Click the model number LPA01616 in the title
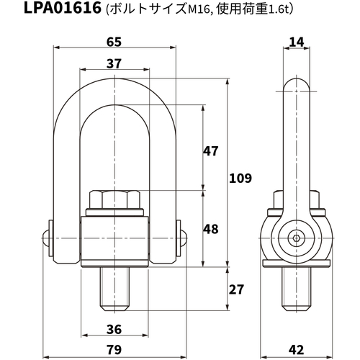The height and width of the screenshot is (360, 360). click(x=63, y=8)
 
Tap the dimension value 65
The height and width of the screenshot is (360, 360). click(x=114, y=42)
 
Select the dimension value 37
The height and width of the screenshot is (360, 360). click(x=114, y=63)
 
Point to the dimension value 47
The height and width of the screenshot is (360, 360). click(x=211, y=151)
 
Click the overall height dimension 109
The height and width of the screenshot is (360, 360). click(x=240, y=178)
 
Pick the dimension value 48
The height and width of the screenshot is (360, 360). click(x=211, y=229)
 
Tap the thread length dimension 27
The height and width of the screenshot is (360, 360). click(x=236, y=289)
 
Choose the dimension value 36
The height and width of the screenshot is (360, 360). click(x=114, y=329)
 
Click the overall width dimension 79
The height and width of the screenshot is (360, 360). click(x=114, y=350)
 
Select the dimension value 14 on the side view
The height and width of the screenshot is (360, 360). click(x=297, y=42)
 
